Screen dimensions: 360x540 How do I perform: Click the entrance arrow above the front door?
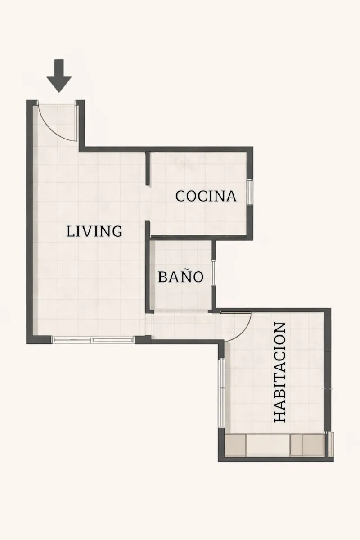point(59,76)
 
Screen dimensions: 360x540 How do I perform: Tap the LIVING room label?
point(94,231)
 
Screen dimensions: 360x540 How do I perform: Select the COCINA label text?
point(206,196)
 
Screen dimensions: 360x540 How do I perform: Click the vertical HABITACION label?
point(280,372)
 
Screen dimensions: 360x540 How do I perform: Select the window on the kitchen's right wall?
point(250,193)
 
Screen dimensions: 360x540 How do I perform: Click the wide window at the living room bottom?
point(93,340)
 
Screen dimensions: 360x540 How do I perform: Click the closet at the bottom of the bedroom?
point(274,445)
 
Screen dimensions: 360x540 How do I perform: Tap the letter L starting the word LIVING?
point(70,231)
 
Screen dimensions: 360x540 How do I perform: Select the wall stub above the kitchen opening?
point(147,168)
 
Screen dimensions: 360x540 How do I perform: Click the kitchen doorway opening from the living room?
point(148,203)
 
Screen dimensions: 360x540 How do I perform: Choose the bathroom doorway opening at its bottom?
point(181,311)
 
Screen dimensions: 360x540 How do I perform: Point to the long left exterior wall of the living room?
point(29,222)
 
